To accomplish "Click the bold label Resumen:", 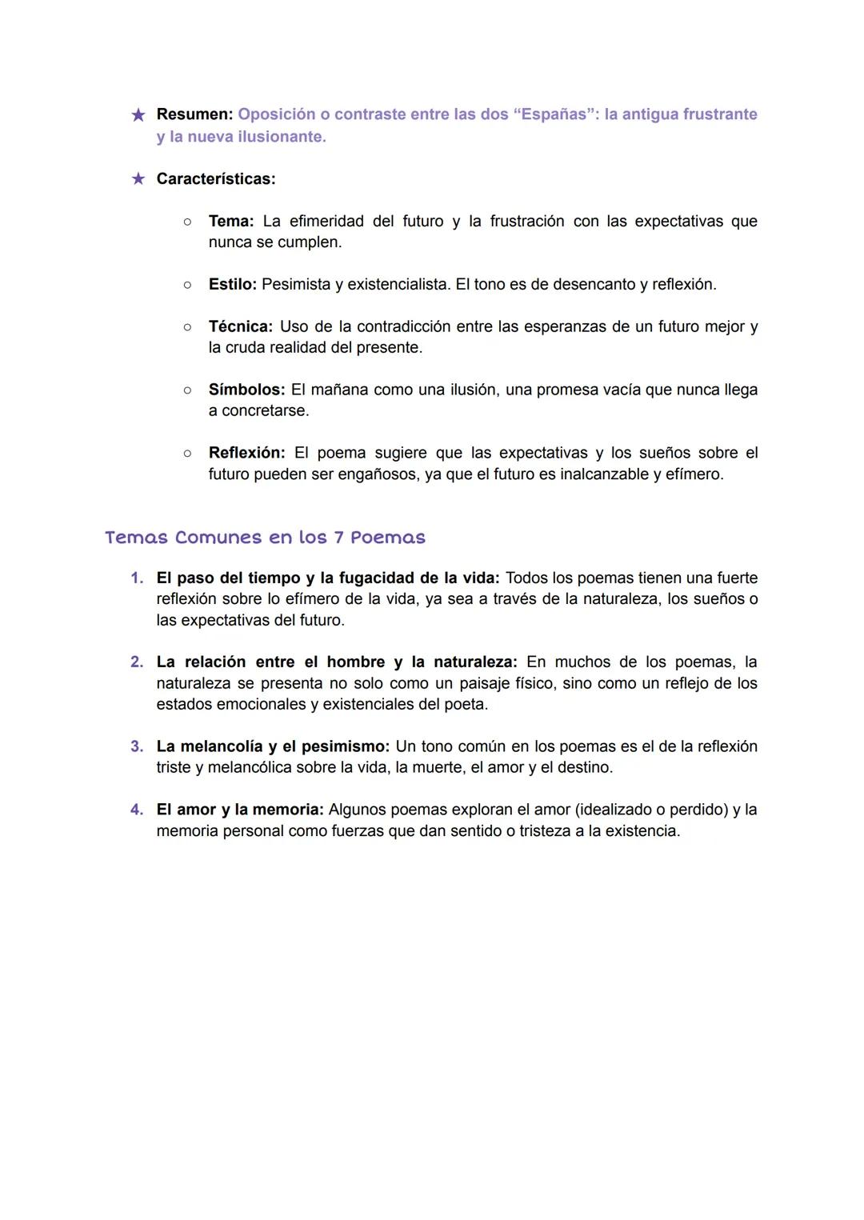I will coord(194,114).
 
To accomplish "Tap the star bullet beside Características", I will coord(138,178).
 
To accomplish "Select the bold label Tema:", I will coord(231,221).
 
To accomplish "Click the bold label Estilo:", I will coord(232,284).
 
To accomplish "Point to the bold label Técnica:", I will coord(240,326).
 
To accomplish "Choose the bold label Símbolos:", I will coord(246,390).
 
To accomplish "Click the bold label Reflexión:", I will coord(246,453).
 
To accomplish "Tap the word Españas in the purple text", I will coord(555,114).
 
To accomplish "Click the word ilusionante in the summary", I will coord(278,137).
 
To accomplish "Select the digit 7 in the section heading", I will coord(338,538).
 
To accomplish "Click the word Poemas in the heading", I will coord(388,538).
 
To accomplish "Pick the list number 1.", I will coord(137,578).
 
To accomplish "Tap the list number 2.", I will coord(137,662).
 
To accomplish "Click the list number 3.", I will coord(137,746).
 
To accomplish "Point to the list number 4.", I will coord(137,810).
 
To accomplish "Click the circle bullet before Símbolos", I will coord(187,390).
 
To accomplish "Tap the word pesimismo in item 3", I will coord(345,746).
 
